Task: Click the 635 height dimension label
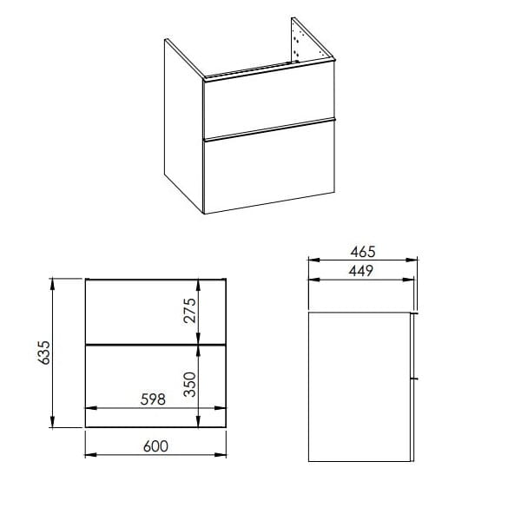[44, 353]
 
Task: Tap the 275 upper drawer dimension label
[190, 311]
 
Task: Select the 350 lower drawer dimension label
[190, 385]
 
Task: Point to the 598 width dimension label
[153, 399]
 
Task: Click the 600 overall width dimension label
[155, 446]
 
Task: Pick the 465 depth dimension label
[363, 252]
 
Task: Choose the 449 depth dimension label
[361, 271]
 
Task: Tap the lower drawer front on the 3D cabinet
[269, 168]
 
